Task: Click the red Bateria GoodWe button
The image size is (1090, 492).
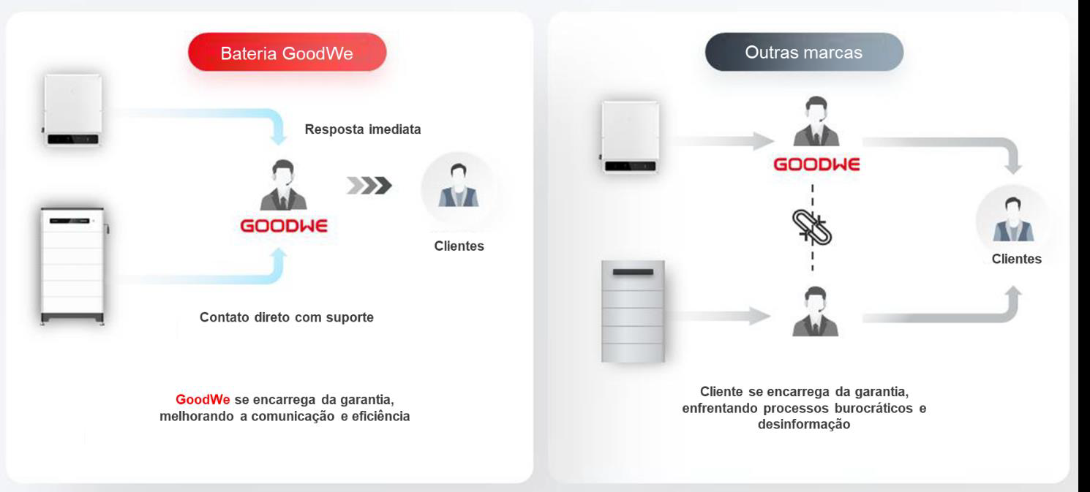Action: point(287,53)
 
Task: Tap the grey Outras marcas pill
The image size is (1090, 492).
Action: point(804,52)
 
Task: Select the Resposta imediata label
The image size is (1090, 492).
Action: point(363,129)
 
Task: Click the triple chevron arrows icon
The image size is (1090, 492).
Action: point(369,186)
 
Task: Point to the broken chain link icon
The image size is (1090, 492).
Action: point(812,227)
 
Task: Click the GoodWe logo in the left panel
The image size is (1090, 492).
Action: point(284,226)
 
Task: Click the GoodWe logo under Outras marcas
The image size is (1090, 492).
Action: point(816,164)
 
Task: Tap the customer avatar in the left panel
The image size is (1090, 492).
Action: point(459,186)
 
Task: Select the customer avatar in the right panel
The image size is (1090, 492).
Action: point(1013,220)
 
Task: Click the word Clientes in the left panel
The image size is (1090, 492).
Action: point(459,246)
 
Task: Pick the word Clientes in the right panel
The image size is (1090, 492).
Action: point(1017,259)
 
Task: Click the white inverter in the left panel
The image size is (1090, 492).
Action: point(73,110)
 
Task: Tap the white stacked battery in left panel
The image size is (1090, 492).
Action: point(74,266)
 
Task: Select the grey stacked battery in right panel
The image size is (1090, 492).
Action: point(633,311)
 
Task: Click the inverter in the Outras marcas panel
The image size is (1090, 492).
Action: point(630,137)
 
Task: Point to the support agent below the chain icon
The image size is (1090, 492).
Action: point(815,311)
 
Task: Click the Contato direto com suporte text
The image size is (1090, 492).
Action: point(287,317)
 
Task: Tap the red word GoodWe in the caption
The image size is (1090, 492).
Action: point(203,400)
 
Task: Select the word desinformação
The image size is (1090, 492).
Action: point(804,425)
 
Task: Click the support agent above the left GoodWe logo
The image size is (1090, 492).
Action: point(283,185)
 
